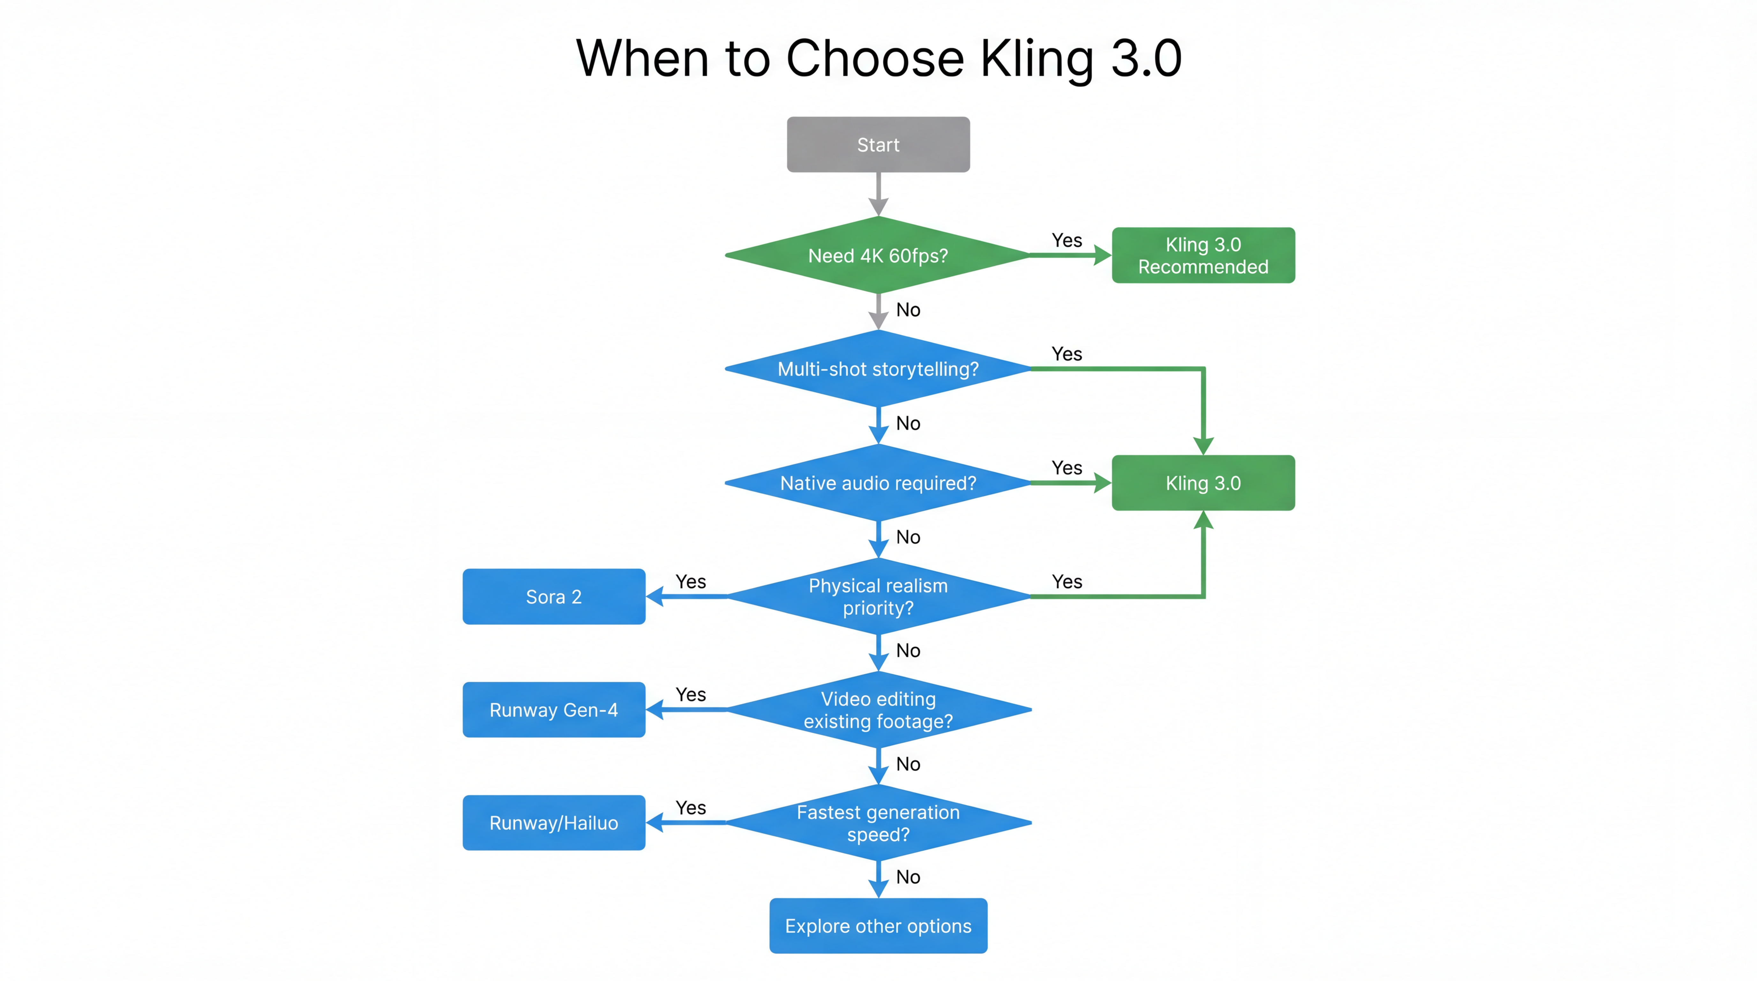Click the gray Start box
pyautogui.click(x=878, y=145)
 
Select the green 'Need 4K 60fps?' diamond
pyautogui.click(x=878, y=255)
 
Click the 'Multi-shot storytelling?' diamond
pyautogui.click(x=878, y=369)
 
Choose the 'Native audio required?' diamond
pyautogui.click(x=878, y=483)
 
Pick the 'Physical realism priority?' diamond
pyautogui.click(x=878, y=596)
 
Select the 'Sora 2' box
pyautogui.click(x=553, y=596)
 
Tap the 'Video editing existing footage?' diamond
pyautogui.click(x=878, y=710)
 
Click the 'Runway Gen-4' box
pyautogui.click(x=553, y=710)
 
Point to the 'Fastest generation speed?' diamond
pyautogui.click(x=878, y=823)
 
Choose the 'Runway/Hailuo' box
pyautogui.click(x=553, y=823)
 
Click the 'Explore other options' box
pyautogui.click(x=878, y=926)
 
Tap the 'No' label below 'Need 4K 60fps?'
pyautogui.click(x=908, y=310)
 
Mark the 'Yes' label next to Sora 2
pyautogui.click(x=690, y=581)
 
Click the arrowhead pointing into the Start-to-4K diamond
pyautogui.click(x=878, y=207)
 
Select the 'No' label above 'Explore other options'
pyautogui.click(x=908, y=877)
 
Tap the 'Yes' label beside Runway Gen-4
pyautogui.click(x=690, y=695)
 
